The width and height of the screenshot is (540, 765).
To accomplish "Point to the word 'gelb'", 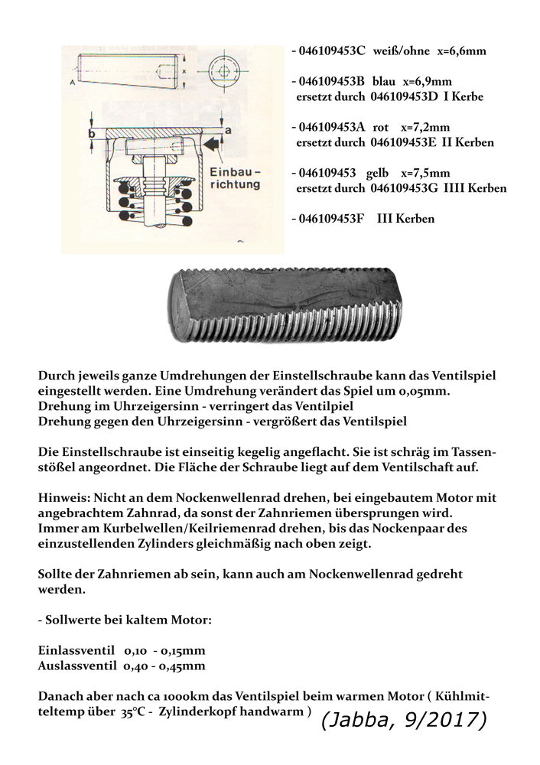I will (x=380, y=172).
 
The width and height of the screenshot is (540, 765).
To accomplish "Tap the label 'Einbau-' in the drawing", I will (x=234, y=170).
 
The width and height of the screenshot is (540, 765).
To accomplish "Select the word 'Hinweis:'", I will (x=63, y=496).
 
